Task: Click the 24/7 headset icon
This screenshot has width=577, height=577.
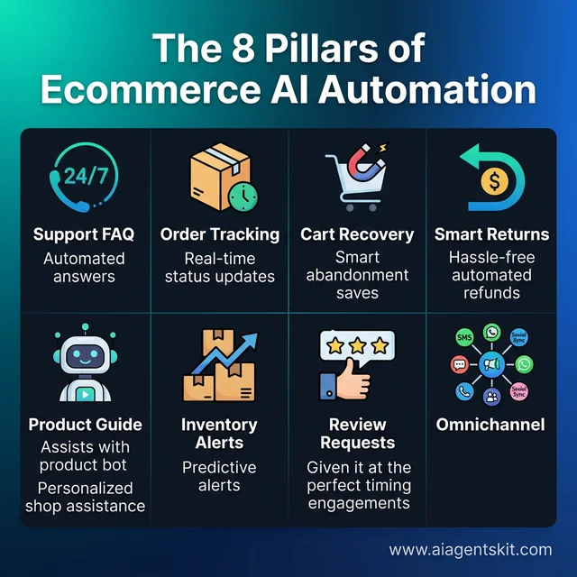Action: point(83,178)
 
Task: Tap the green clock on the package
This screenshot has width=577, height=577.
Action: point(241,197)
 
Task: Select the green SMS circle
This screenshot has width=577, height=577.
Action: point(465,339)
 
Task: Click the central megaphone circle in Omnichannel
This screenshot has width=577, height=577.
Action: point(492,365)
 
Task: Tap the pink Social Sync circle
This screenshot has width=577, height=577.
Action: point(518,391)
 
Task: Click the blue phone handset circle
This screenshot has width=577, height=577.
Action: point(465,392)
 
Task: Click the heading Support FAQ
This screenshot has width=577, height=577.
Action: point(84,234)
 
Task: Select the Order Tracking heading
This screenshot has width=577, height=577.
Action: point(220,234)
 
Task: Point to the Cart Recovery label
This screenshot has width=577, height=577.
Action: point(357,234)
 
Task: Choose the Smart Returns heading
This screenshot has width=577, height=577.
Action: point(491,234)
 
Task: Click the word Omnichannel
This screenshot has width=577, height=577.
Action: point(491,424)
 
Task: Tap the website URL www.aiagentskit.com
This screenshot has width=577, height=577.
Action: point(470,549)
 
